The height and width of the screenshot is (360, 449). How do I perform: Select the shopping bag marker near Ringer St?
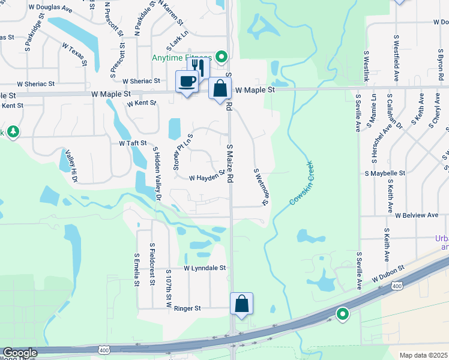click(241, 304)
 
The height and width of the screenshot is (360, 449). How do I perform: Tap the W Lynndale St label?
click(204, 268)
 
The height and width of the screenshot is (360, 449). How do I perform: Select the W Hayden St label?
click(206, 178)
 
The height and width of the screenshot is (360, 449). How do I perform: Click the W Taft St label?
click(133, 144)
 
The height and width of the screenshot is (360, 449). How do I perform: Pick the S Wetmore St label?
click(260, 187)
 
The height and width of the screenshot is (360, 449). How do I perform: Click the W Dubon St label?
click(389, 273)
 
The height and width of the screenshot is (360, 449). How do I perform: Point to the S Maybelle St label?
click(384, 173)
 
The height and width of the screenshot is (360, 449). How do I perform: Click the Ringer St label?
click(187, 308)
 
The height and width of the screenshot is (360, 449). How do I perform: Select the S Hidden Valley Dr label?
click(157, 173)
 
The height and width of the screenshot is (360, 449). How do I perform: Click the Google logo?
click(20, 353)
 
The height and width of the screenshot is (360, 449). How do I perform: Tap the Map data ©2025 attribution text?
click(423, 355)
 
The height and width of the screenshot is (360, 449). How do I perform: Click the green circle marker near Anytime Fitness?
click(221, 58)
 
